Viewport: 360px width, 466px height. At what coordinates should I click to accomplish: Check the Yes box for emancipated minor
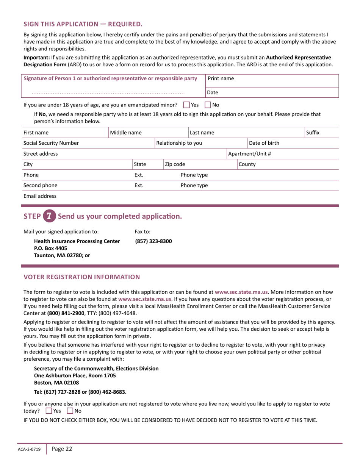(x=186, y=105)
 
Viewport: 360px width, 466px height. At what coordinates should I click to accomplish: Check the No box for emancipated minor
(x=208, y=105)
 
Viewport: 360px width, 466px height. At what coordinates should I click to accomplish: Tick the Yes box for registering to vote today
(x=49, y=411)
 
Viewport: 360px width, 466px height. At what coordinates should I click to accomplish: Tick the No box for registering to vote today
(x=70, y=411)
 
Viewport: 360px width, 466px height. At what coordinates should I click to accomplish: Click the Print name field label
(x=221, y=78)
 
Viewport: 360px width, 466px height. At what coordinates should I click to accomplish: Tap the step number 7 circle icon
(x=49, y=216)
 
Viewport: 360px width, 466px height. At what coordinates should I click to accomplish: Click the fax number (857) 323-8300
(x=153, y=241)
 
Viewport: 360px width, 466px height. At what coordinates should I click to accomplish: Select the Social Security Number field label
(x=51, y=143)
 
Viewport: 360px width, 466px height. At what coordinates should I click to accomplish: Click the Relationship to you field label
(x=179, y=143)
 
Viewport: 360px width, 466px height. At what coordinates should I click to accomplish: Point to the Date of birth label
(x=264, y=143)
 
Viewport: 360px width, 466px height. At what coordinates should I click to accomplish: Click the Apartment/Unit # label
(x=249, y=154)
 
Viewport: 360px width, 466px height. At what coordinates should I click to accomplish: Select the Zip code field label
(x=175, y=164)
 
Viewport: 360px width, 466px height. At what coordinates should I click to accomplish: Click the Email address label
(x=40, y=196)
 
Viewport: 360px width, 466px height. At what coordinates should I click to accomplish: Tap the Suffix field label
(x=313, y=133)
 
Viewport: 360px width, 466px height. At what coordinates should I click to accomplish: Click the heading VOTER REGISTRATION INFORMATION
(x=82, y=277)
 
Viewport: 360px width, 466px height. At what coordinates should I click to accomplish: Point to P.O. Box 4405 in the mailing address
(x=51, y=248)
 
